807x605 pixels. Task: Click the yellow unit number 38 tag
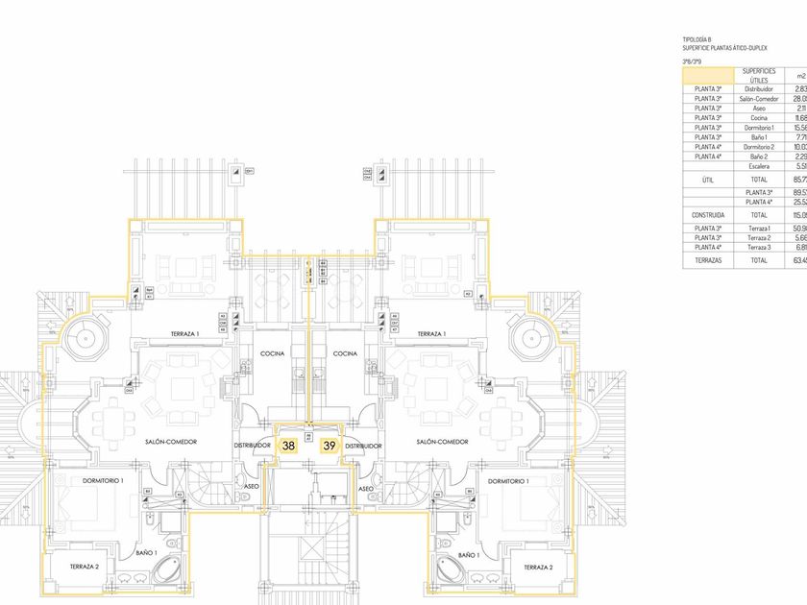tap(288, 446)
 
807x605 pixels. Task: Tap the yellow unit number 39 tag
tap(329, 446)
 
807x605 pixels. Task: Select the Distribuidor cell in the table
tap(759, 89)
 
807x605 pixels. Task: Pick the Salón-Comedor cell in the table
tap(759, 99)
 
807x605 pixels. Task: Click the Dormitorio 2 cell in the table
tap(759, 147)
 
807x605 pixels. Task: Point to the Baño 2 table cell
tap(759, 157)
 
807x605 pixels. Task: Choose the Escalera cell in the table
tap(759, 166)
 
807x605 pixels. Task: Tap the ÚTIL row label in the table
tap(708, 180)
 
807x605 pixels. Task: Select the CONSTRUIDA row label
tap(708, 215)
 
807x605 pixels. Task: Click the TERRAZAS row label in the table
tap(708, 260)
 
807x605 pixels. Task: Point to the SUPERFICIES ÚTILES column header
tap(759, 75)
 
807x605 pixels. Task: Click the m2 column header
tap(798, 75)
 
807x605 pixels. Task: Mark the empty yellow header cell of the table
tap(708, 75)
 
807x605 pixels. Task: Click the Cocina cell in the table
tap(759, 118)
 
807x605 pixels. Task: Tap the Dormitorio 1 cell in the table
tap(759, 128)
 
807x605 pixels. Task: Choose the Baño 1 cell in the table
tap(759, 137)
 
